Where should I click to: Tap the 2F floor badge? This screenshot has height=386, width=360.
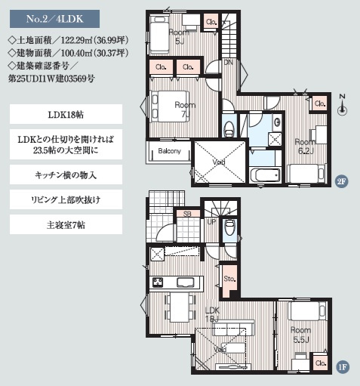(x=340, y=181)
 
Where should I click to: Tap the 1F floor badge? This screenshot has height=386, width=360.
(x=341, y=368)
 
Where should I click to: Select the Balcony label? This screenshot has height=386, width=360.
(x=169, y=151)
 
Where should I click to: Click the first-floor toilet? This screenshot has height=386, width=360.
(x=231, y=226)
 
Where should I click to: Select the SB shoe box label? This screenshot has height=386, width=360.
(x=186, y=215)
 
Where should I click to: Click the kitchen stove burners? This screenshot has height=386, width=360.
(x=159, y=283)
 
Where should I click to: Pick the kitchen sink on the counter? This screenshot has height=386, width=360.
(x=186, y=283)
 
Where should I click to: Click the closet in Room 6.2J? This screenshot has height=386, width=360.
(x=319, y=103)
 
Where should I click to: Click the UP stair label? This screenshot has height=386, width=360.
(x=211, y=222)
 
